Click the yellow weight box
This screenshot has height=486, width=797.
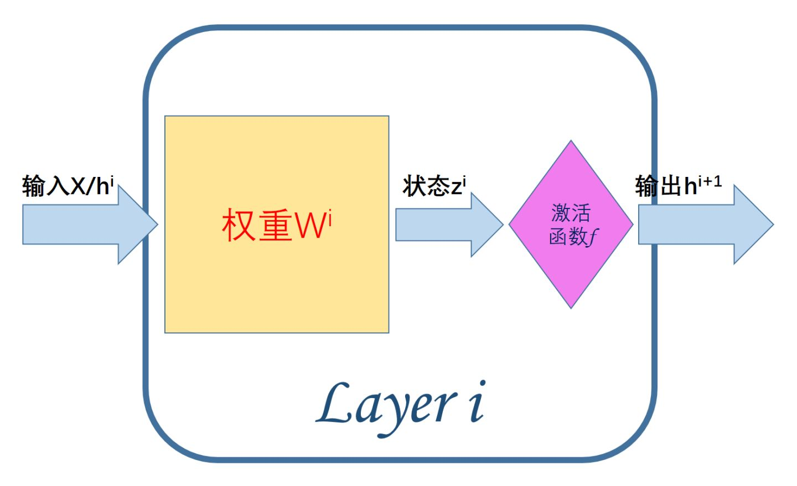click(277, 224)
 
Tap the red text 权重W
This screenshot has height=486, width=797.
click(273, 225)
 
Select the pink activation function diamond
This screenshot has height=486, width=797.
click(571, 224)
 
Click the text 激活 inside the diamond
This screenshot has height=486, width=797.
click(571, 213)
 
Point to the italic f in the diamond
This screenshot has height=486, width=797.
click(593, 237)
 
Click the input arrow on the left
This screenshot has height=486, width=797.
click(90, 224)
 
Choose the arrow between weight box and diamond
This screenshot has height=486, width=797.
click(449, 224)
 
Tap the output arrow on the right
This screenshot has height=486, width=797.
click(706, 224)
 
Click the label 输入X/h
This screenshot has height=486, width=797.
click(65, 186)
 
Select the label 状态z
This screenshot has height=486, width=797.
click(432, 186)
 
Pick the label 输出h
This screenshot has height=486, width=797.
click(666, 186)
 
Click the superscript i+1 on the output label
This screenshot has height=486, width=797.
click(710, 181)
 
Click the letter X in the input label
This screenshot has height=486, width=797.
click(78, 186)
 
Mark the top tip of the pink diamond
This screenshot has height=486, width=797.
click(571, 140)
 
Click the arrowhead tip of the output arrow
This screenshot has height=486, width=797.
click(774, 224)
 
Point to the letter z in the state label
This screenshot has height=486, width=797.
click(457, 188)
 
